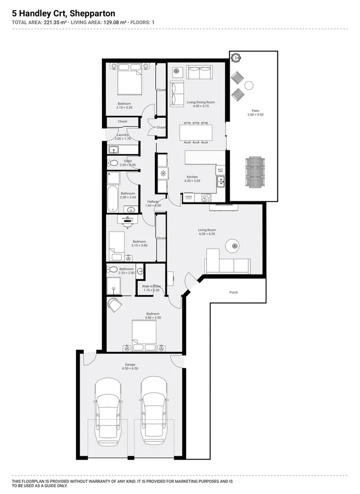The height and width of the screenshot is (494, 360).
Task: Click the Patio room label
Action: [255, 111]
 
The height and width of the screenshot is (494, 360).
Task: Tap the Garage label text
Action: [130, 365]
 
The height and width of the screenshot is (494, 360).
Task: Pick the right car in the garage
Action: [154, 410]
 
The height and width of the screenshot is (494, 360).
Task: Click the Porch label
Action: [233, 293]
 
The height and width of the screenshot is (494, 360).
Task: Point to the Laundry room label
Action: [123, 135]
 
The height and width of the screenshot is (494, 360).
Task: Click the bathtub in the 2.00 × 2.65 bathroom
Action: [112, 198]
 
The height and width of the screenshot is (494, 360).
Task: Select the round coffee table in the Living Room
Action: [232, 245]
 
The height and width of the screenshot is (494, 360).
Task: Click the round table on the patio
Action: [249, 85]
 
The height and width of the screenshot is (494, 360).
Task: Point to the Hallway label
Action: [154, 201]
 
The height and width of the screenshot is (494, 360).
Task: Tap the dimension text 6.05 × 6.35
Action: [207, 234]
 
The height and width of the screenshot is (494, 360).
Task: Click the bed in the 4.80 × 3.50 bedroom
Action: [144, 335]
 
